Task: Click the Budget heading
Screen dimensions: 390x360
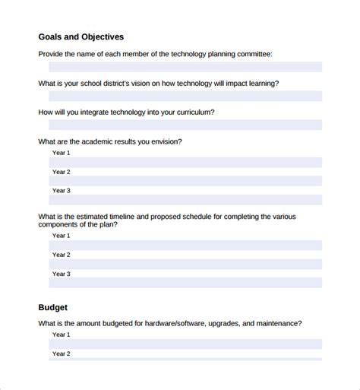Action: (53, 287)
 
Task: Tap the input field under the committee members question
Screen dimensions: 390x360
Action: (185, 67)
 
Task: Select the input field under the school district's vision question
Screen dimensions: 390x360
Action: (185, 97)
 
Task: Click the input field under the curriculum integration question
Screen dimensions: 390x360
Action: (185, 125)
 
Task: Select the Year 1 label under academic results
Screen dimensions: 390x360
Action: (61, 153)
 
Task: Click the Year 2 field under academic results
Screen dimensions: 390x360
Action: (185, 181)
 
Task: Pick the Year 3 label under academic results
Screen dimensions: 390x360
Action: (61, 191)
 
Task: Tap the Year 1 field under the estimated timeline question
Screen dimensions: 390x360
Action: (185, 245)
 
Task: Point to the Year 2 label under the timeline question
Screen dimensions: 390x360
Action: (61, 255)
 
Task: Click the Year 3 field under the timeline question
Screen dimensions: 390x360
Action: (185, 283)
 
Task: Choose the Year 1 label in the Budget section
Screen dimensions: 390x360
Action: (61, 313)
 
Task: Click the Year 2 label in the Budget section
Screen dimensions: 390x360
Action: (61, 332)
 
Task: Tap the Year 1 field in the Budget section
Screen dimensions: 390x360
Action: (185, 322)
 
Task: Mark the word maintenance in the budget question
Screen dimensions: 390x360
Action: (275, 302)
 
